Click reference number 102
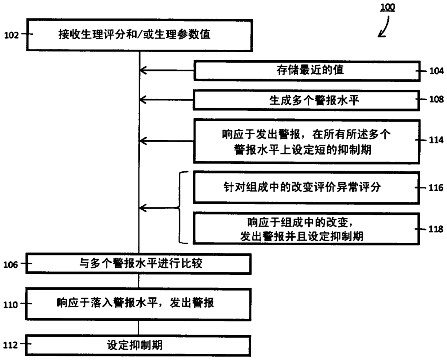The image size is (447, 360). coord(11,35)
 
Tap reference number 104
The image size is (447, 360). coord(436,71)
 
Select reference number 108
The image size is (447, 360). coord(436,99)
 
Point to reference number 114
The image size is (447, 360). coord(436,140)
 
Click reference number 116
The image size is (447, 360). coord(436,188)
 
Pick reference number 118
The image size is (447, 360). coord(436,229)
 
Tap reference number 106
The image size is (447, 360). coord(10,265)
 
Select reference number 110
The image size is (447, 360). coord(10,305)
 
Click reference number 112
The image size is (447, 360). coord(10,345)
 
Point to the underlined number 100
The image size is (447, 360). coord(388,7)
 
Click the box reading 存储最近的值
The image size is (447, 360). coord(306,70)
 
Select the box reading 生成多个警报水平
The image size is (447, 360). coord(306,100)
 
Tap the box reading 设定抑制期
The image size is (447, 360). coord(138,345)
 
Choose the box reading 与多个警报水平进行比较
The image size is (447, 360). coord(138,264)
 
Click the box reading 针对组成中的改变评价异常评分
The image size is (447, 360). coord(306,187)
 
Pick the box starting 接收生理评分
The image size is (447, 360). coord(139,35)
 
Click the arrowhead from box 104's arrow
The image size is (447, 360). coord(142,70)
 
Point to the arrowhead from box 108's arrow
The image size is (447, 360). coord(142,99)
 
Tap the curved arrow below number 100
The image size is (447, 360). coord(385,27)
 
